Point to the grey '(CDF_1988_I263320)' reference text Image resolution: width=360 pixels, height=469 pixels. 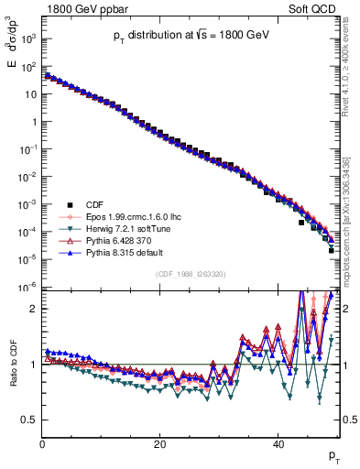pyautogui.click(x=191, y=272)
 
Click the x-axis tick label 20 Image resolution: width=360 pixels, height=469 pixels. pyautogui.click(x=159, y=442)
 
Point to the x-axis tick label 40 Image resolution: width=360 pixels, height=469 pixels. pyautogui.click(x=278, y=442)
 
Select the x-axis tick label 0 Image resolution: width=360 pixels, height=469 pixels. pyautogui.click(x=42, y=442)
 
